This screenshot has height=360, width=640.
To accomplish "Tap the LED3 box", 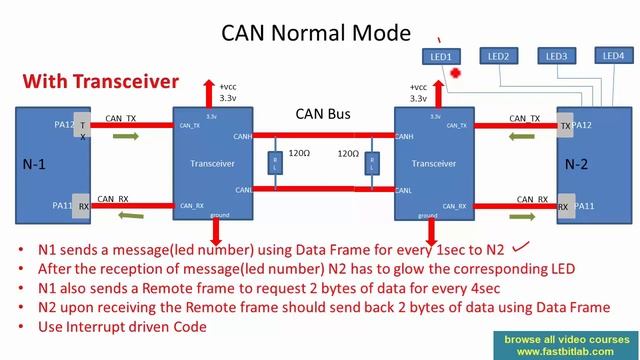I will [557, 56].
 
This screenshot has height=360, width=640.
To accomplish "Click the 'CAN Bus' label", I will [322, 115].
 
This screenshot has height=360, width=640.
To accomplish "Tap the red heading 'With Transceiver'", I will [101, 81].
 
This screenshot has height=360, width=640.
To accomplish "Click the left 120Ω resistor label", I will [300, 155].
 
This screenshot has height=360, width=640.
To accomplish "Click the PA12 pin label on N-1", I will [64, 125].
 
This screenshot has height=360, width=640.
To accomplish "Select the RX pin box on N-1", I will [84, 205].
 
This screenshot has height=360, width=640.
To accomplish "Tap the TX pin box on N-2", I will [566, 126].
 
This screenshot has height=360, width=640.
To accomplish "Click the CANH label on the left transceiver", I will [242, 137].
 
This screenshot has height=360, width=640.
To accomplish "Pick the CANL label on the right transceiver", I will [406, 188].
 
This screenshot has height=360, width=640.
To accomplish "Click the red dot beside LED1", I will [455, 73].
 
